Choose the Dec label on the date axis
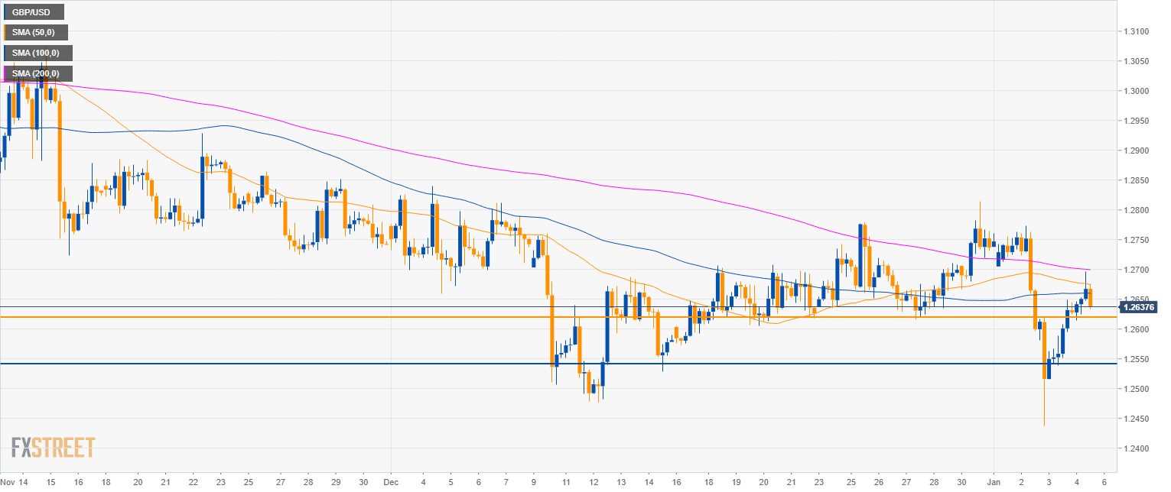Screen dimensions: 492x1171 point(391,483)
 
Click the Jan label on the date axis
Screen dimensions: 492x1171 point(994,483)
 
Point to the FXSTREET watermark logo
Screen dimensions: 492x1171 point(54,447)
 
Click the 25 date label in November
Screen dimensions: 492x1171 point(249,483)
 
